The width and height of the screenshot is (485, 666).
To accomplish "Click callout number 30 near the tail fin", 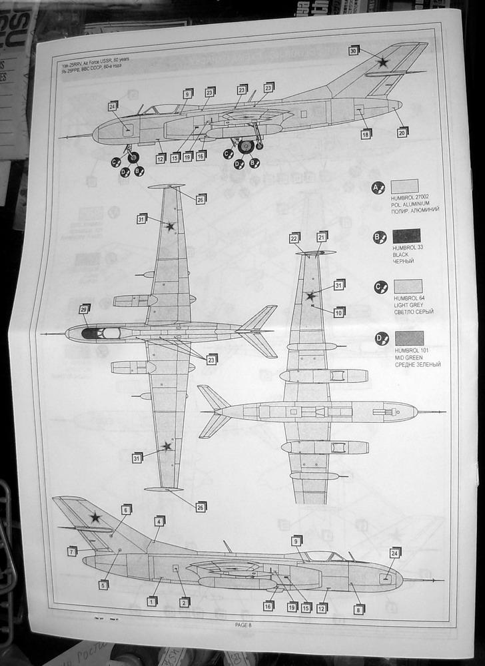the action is tap(354, 50).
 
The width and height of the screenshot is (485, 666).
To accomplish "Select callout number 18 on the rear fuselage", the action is tap(366, 135).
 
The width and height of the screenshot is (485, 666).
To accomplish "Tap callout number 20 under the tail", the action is tap(402, 132).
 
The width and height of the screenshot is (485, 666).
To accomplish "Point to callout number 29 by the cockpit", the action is tap(85, 309).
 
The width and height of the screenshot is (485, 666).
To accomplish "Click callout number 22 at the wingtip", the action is tap(294, 237).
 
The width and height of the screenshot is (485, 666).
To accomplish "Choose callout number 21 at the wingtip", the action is tap(322, 236).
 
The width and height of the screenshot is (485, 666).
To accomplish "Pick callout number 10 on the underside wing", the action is tap(339, 312).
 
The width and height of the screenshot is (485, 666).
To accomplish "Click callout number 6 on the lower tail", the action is tap(127, 509).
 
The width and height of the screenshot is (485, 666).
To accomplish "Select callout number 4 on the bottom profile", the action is tap(159, 521).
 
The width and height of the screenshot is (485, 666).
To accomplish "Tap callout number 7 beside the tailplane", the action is tap(72, 551).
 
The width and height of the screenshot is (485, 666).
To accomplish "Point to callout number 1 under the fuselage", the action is tap(152, 601).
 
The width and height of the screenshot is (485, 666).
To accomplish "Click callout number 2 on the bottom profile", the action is tap(185, 601).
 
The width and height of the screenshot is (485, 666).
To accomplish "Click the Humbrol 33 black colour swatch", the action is tap(406, 236).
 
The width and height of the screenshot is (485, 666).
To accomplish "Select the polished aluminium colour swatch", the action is tap(404, 186).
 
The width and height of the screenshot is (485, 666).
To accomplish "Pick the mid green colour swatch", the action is tap(409, 338).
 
